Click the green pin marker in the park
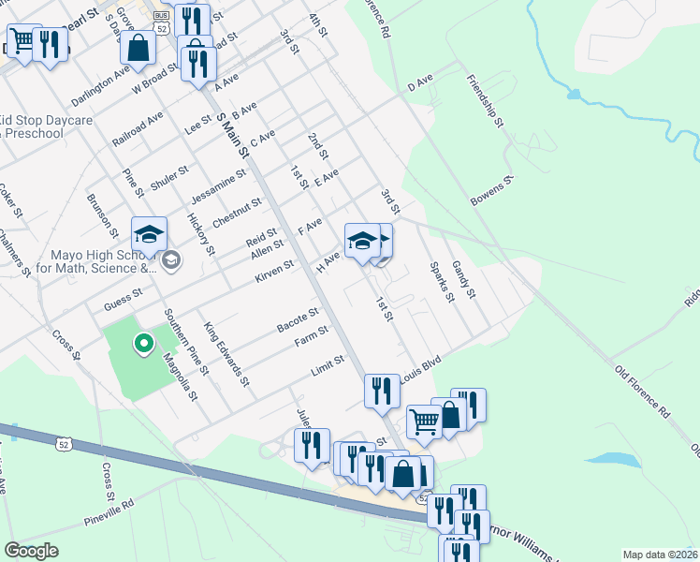(x=143, y=346)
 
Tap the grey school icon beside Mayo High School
(x=170, y=259)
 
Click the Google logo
(x=32, y=551)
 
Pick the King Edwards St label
(x=226, y=355)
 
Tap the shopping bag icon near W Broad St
(x=138, y=49)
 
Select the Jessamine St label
(x=217, y=185)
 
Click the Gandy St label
(x=465, y=280)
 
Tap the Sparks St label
(x=442, y=282)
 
